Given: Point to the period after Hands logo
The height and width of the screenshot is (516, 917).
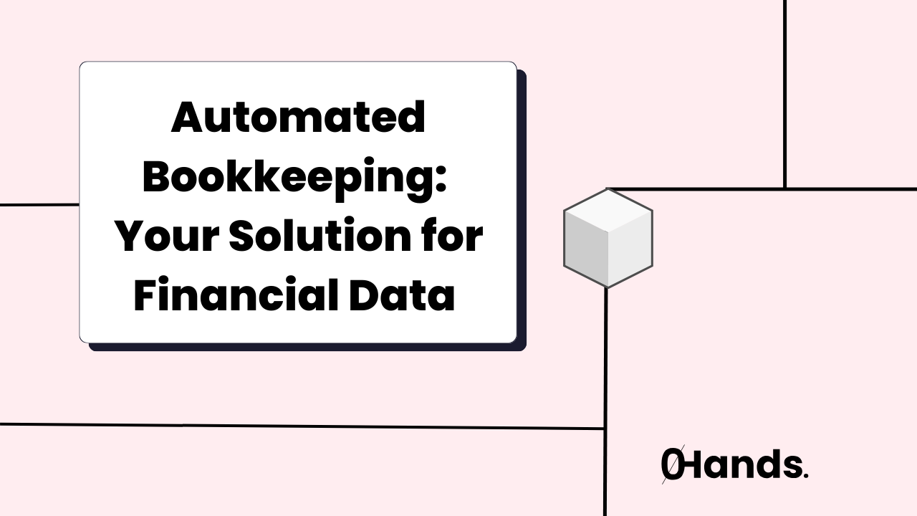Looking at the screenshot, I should pos(806,476).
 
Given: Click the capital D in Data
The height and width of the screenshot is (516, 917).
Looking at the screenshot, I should pos(373,296).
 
